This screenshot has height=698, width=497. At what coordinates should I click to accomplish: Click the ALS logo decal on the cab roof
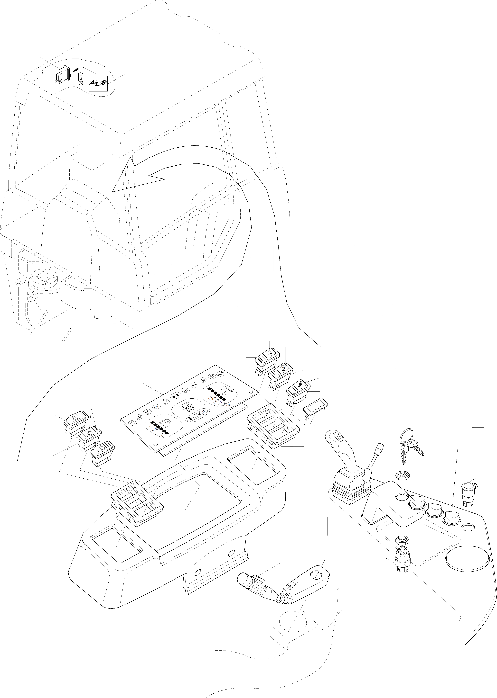(98, 83)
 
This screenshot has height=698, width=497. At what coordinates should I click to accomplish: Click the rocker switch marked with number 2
(281, 371)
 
